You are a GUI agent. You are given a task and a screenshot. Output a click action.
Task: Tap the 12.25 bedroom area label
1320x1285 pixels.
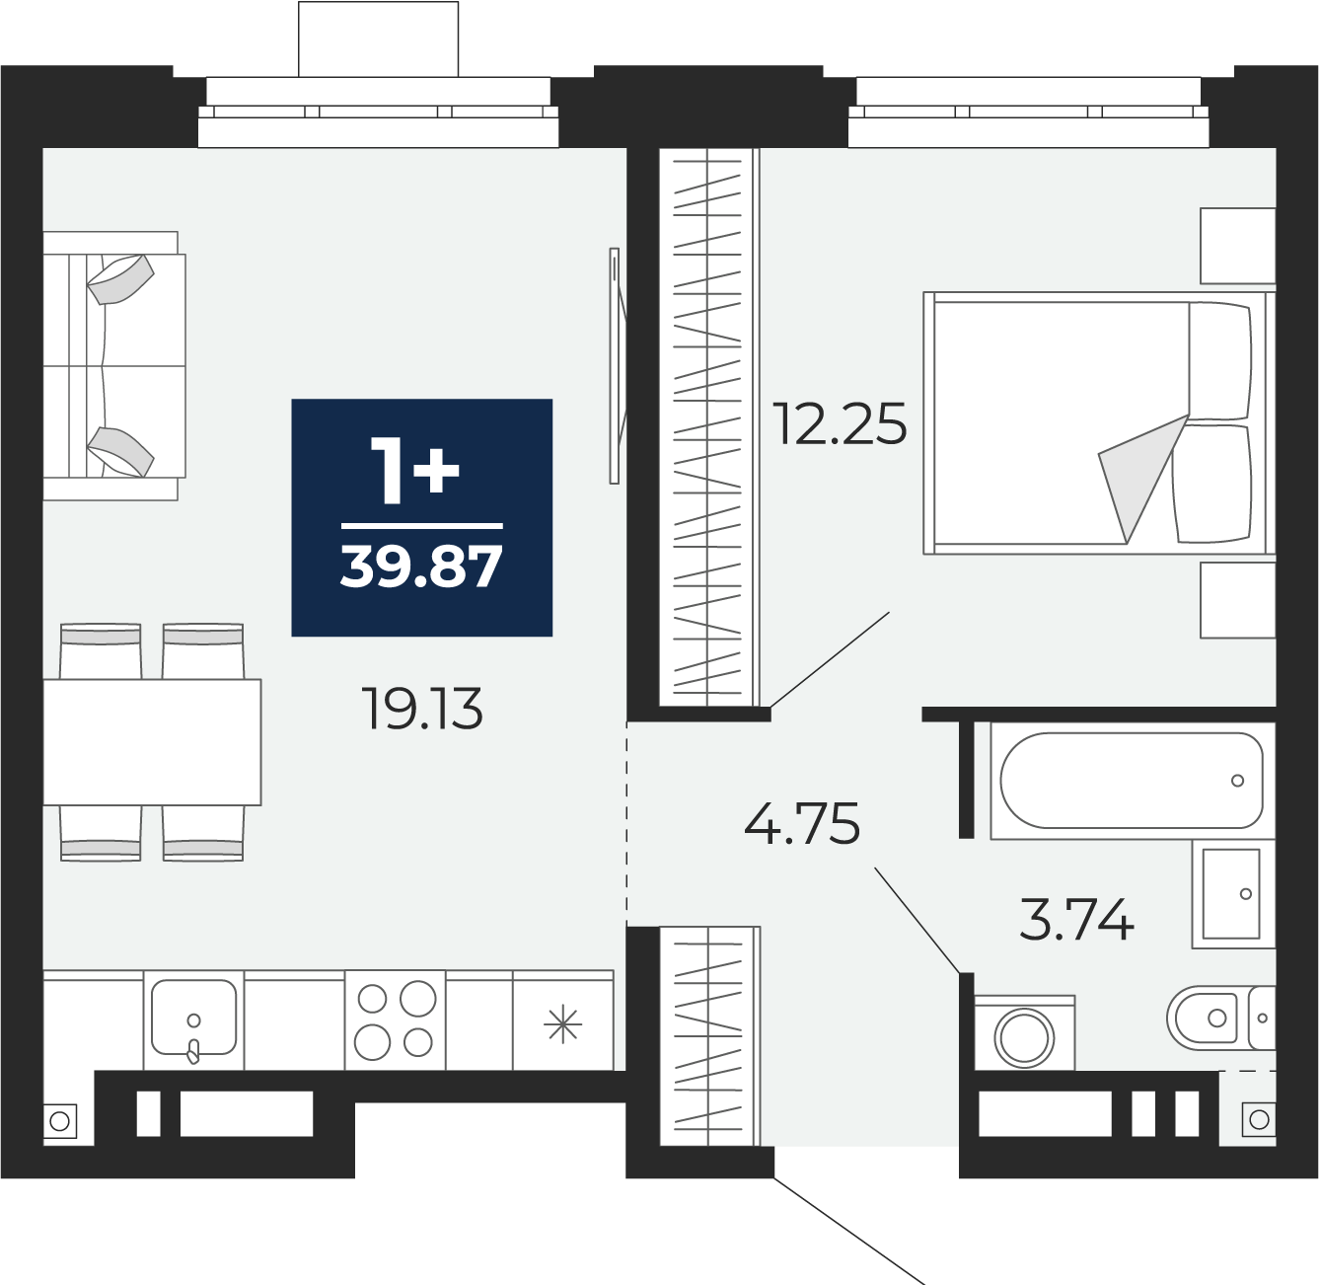[840, 423]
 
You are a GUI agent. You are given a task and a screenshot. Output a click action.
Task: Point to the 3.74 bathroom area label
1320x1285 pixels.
[1076, 919]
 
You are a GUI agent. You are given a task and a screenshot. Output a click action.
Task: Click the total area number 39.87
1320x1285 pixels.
[421, 567]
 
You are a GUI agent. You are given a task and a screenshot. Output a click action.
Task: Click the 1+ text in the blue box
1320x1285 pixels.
[415, 470]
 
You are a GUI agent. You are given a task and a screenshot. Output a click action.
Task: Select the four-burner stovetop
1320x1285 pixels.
[395, 1020]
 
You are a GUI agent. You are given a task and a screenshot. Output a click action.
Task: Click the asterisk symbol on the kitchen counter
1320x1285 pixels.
[562, 1024]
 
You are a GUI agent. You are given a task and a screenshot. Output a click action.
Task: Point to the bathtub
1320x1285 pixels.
[1131, 781]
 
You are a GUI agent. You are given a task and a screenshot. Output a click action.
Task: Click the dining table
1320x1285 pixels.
[152, 742]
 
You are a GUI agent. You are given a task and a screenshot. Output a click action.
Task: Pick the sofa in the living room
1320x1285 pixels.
[114, 366]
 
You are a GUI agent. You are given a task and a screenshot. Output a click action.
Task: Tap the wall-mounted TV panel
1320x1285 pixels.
[615, 365]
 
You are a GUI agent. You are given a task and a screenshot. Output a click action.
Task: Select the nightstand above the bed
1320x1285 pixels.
[1238, 246]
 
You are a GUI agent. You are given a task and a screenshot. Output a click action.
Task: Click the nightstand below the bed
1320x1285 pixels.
[1238, 600]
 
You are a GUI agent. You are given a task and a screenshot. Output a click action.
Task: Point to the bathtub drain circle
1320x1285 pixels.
[1237, 781]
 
